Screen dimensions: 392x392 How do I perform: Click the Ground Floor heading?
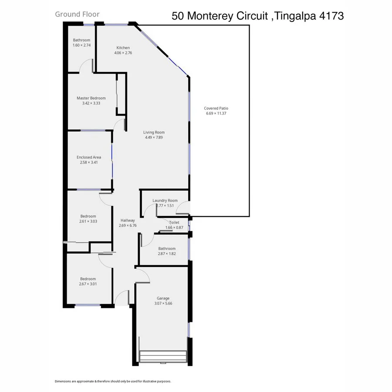click(x=77, y=14)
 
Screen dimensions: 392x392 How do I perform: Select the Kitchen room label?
click(x=123, y=48)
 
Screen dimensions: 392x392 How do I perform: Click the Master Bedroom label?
click(x=91, y=98)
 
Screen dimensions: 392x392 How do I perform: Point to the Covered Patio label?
click(x=216, y=108)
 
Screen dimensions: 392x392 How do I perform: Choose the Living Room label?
click(x=154, y=132)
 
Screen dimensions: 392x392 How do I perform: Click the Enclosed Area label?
click(x=89, y=157)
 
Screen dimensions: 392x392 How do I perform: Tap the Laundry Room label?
click(x=165, y=201)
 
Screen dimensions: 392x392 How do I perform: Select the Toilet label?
click(x=174, y=223)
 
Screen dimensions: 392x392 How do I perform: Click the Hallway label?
click(x=128, y=220)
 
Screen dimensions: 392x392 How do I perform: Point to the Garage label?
click(x=163, y=298)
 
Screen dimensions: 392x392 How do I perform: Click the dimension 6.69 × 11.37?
click(x=216, y=114)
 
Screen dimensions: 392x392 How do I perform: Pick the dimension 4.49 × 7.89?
click(x=154, y=138)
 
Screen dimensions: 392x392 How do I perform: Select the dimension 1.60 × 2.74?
click(x=81, y=45)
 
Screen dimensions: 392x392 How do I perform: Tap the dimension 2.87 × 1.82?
click(x=167, y=253)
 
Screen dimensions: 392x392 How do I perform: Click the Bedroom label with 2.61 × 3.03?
click(x=88, y=216)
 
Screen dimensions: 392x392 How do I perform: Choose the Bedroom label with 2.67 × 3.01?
click(x=88, y=279)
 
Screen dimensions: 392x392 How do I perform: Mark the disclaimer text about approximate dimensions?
click(x=113, y=381)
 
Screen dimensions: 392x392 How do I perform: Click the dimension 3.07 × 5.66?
click(x=163, y=304)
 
